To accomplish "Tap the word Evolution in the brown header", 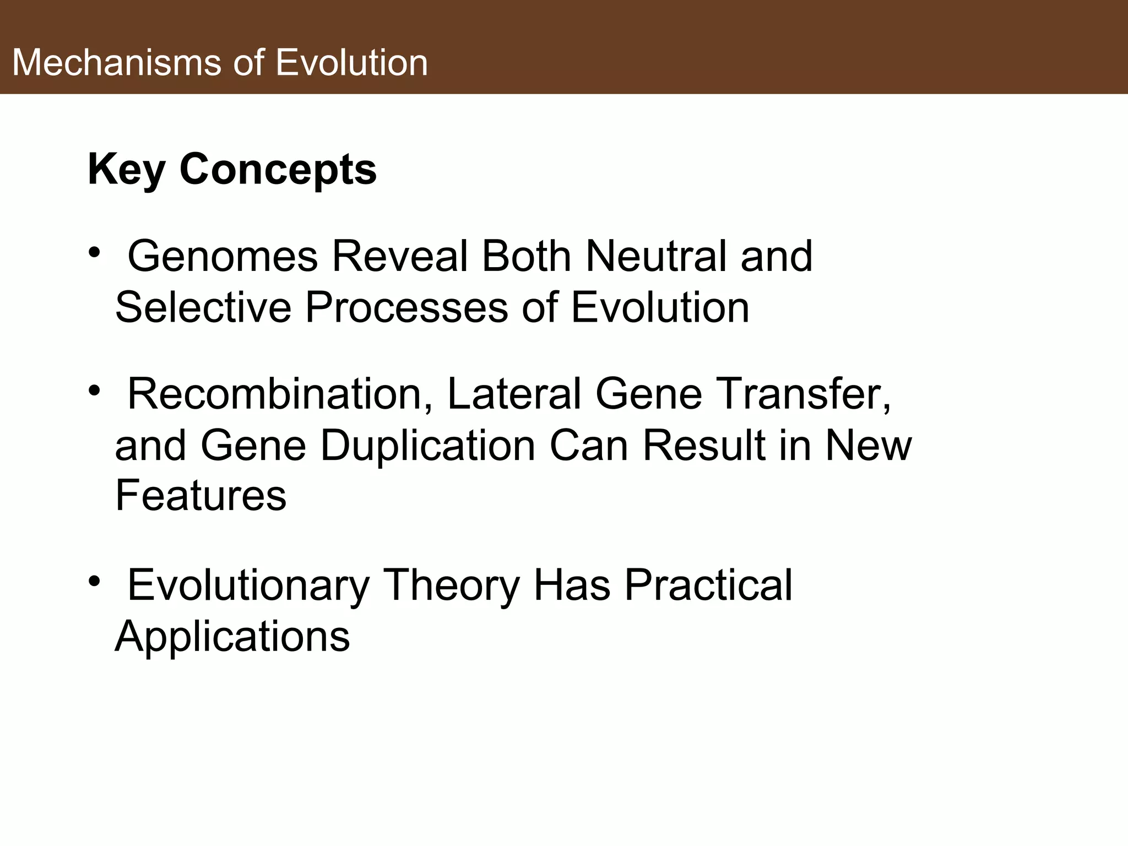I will pos(351,62).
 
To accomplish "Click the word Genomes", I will pos(223,256).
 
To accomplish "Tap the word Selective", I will pos(203,307).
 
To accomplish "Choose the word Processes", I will pos(406,307).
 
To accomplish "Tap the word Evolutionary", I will pos(248,585).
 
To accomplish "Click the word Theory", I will pos(451,585).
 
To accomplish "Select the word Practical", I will pos(708,585).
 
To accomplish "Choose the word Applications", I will pos(232,636).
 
